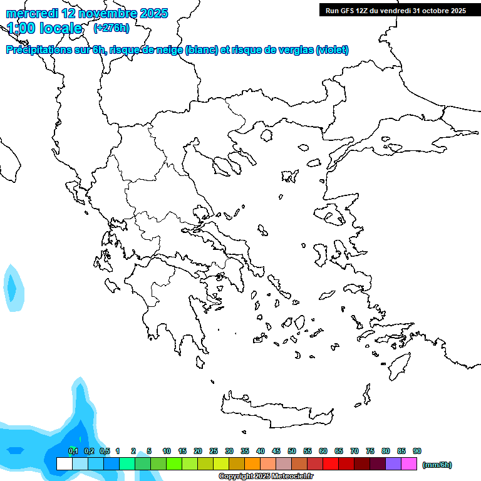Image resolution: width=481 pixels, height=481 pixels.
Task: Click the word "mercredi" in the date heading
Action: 31,13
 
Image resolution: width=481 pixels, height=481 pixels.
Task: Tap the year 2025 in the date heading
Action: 150,13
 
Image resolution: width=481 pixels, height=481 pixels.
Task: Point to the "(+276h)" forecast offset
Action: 111,28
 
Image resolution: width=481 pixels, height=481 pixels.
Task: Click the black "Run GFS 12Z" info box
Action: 396,10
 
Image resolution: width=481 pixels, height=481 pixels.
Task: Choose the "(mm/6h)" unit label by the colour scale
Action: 437,465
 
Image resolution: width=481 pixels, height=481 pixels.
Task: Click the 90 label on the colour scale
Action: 417,452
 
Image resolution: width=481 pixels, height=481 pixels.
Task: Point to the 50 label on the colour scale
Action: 292,452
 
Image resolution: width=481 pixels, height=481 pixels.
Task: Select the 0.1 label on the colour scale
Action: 73,452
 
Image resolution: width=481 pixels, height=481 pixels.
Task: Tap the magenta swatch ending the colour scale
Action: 409,464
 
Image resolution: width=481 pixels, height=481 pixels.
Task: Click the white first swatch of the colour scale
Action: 64,464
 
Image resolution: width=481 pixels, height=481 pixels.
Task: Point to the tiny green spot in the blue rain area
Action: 73,447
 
